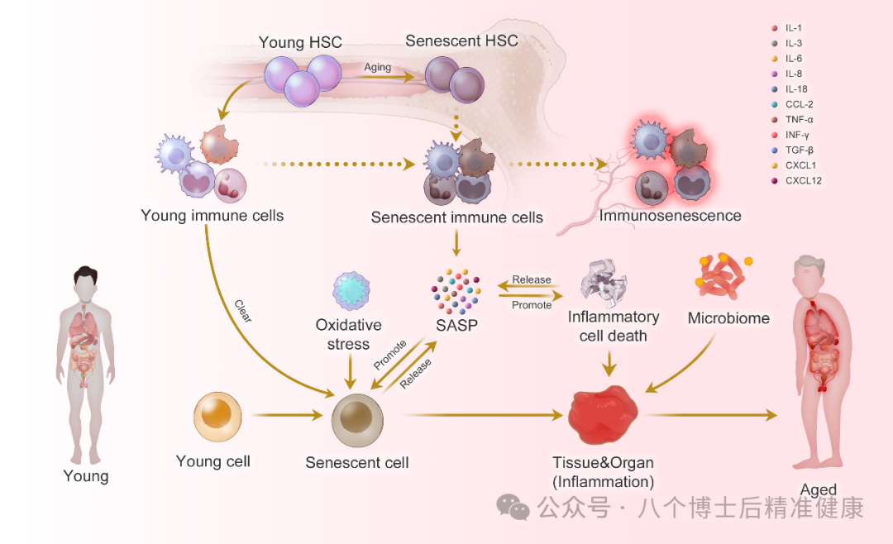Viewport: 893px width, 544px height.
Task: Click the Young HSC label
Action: (x=300, y=42)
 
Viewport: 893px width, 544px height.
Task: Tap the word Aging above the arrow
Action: (x=377, y=67)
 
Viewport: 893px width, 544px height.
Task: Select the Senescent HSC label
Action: (x=462, y=41)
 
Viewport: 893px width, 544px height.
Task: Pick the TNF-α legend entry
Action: (x=792, y=120)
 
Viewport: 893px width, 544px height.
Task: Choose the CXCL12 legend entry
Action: (x=796, y=180)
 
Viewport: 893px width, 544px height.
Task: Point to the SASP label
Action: (x=456, y=325)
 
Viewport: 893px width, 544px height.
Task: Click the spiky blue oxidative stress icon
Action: (x=351, y=290)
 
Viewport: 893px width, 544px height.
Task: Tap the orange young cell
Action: (x=217, y=417)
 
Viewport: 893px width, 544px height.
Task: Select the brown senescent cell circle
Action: (x=357, y=421)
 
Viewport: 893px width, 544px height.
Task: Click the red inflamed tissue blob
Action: (x=603, y=415)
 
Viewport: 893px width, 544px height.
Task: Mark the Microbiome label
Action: (x=728, y=317)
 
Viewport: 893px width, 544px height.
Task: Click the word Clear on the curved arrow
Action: (x=243, y=311)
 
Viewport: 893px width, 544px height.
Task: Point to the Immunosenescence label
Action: (x=671, y=216)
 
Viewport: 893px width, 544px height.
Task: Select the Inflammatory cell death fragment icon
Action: (x=604, y=283)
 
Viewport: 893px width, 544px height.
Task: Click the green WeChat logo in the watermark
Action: (x=513, y=507)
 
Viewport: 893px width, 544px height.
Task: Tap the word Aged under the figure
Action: (x=819, y=490)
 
